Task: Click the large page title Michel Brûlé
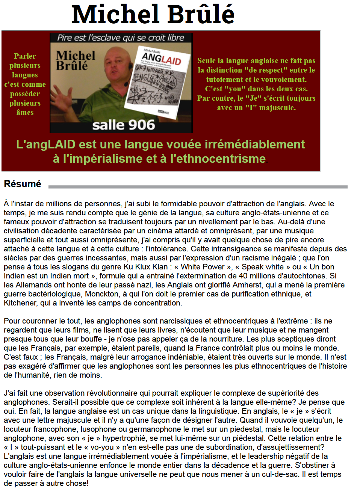click(153, 14)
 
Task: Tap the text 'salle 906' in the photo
click(124, 125)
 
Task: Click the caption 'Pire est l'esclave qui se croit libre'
click(121, 38)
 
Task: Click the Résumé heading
click(23, 184)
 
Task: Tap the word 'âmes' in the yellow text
click(25, 112)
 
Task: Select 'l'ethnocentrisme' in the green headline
click(218, 159)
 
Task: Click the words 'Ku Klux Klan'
click(145, 267)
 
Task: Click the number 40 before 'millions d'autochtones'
click(243, 276)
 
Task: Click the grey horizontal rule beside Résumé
click(198, 186)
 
